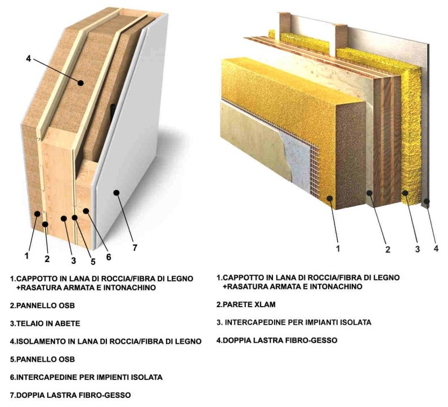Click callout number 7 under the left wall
click(135, 247)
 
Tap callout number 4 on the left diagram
click(28, 59)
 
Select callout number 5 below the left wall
click(93, 262)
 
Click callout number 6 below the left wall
click(109, 257)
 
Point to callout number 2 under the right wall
click(387, 250)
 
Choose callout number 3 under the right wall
click(418, 249)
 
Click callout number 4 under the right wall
click(436, 248)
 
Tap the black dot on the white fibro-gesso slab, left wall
click(117, 193)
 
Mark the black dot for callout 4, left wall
click(81, 83)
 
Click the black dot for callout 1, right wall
click(330, 198)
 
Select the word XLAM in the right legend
click(265, 304)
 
